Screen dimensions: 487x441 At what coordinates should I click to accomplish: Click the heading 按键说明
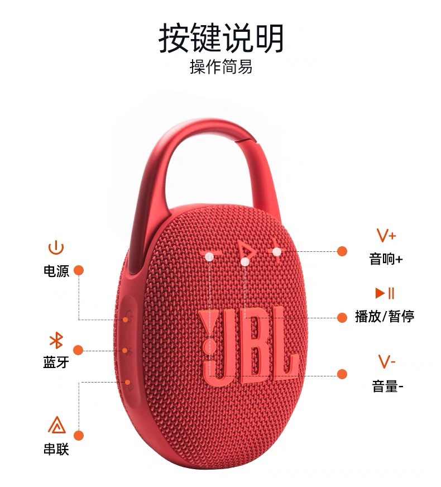221,37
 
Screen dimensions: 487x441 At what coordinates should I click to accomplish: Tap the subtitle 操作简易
221,68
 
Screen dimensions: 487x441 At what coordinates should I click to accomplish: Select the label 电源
56,271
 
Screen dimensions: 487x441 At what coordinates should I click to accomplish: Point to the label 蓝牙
56,362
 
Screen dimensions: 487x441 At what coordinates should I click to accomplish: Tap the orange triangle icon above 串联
56,426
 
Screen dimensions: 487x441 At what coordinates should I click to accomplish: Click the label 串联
56,448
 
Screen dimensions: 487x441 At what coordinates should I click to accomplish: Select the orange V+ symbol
386,235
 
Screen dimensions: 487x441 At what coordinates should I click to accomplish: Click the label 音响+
386,259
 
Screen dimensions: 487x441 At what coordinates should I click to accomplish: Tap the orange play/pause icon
385,293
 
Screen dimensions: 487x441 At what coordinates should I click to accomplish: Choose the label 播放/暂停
385,317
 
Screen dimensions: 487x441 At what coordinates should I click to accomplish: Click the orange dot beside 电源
79,270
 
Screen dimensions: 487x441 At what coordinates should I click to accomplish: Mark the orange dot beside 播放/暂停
342,317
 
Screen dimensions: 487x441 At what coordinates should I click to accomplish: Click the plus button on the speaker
276,252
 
